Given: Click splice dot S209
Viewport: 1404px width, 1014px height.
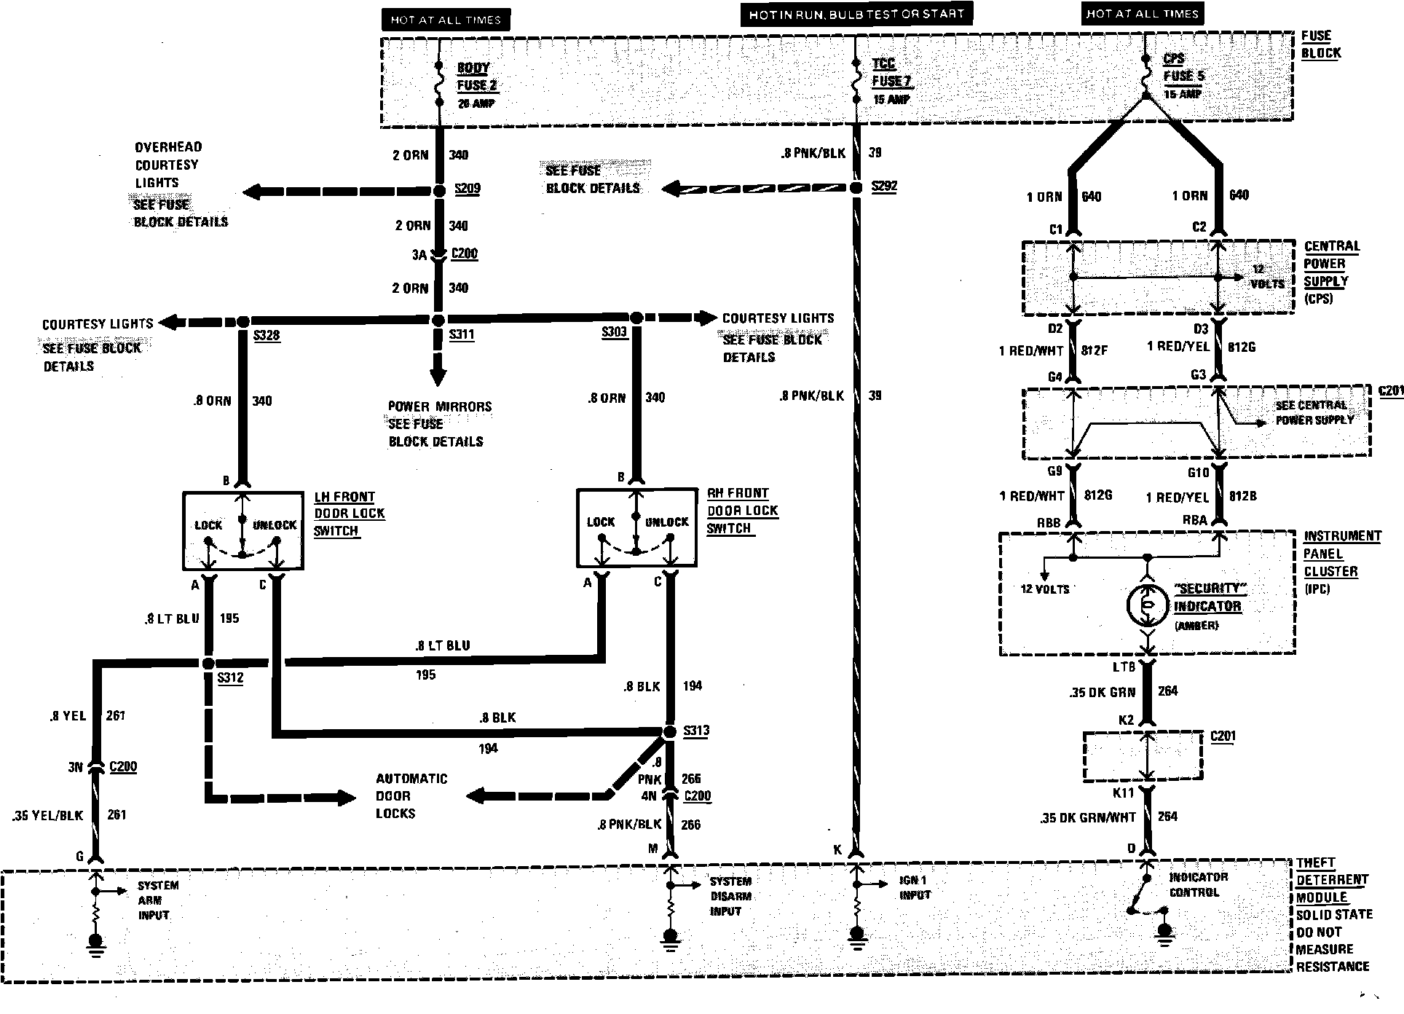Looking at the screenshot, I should [438, 191].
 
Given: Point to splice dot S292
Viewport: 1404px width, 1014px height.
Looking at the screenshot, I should [856, 188].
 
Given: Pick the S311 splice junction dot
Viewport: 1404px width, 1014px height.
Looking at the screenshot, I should [438, 321].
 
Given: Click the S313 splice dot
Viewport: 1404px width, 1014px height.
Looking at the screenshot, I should [670, 731].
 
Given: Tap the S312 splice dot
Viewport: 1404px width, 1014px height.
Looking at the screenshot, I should [208, 663].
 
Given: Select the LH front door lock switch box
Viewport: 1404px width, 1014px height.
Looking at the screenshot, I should [242, 530].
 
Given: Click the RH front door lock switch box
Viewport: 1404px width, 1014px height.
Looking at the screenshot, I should [636, 527].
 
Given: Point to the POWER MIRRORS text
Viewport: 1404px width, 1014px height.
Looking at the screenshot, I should [439, 406].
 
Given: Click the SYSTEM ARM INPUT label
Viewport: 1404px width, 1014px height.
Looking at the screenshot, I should [158, 900].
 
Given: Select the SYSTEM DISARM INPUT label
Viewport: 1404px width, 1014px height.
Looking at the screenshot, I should [730, 896].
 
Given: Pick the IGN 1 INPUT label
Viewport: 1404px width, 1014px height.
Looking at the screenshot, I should [915, 887].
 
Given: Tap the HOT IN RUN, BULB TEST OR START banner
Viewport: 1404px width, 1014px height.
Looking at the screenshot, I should [856, 14].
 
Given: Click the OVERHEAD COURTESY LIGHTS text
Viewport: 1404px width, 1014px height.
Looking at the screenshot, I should [168, 165].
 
